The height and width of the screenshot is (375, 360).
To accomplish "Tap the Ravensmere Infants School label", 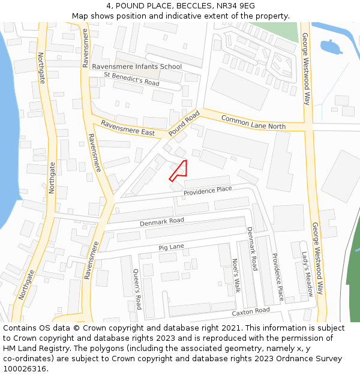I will (136, 67).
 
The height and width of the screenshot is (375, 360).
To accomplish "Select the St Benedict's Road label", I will (131, 79).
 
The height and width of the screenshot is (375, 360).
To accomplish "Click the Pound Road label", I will (184, 122).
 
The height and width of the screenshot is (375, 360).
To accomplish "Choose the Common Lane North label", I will (253, 122).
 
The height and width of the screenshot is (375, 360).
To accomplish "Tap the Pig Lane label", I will (171, 247).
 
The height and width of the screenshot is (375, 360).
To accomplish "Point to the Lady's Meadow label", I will (307, 274).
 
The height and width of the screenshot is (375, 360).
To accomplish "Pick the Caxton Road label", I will (251, 312).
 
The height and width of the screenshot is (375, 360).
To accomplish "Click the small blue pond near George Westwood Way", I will (331, 46).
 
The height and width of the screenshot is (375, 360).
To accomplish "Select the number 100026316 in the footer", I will (25, 369).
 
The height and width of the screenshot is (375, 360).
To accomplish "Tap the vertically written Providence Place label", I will (277, 276).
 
